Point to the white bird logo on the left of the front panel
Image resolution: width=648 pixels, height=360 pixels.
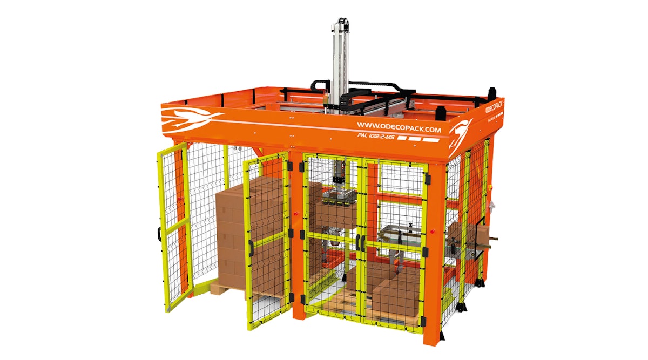pyautogui.click(x=191, y=116)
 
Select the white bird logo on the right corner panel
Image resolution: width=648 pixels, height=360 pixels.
pyautogui.click(x=462, y=133)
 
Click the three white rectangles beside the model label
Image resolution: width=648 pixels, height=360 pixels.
pyautogui.click(x=422, y=140)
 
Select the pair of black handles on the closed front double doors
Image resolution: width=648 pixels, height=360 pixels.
pyautogui.click(x=360, y=242)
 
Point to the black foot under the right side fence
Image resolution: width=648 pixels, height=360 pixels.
pyautogui.click(x=460, y=307)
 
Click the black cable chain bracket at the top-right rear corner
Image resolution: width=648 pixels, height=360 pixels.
pyautogui.click(x=491, y=92)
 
